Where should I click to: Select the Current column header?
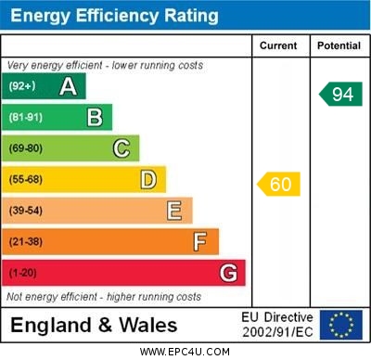pos(278,45)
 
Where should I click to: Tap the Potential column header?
pos(339,45)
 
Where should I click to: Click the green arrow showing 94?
pos(340,94)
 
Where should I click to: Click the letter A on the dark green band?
pos(68,86)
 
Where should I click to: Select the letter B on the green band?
pos(95,117)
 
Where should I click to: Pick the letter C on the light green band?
pos(122,148)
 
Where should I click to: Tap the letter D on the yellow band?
pos(147,179)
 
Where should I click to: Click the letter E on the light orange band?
pos(174,211)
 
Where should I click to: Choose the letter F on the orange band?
pos(200,241)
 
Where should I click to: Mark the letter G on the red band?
pos(227,273)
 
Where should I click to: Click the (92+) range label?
pos(21,86)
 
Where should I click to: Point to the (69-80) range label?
pos(26,148)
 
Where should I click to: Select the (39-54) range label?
pos(26,211)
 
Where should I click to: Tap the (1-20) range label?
pos(23,273)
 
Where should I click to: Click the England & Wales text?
pos(94,325)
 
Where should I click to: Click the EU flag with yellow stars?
pos(340,325)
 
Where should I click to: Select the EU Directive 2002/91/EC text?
pos(277,325)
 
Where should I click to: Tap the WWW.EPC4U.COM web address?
pos(185,352)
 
